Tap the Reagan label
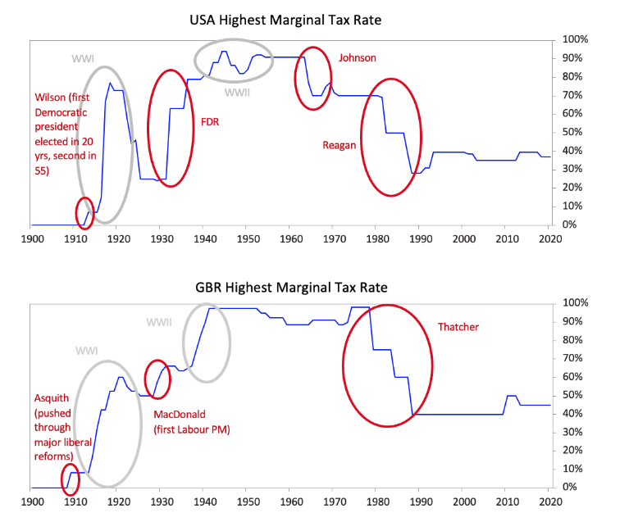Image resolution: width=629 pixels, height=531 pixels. (340, 145)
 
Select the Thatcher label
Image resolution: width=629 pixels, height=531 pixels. (458, 327)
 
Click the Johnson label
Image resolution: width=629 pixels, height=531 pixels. (358, 57)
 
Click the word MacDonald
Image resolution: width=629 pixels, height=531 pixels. (180, 415)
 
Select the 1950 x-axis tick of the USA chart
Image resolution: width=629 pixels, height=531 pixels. (248, 238)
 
